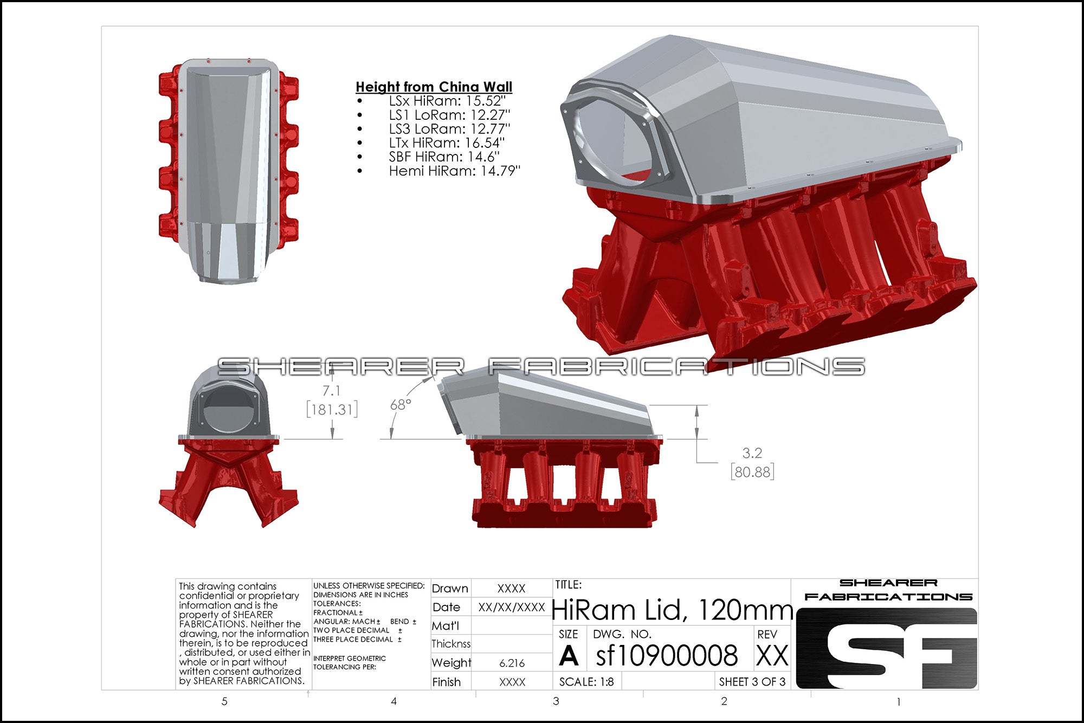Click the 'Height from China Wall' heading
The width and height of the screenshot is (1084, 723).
(434, 87)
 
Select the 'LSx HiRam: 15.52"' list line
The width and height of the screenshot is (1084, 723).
(447, 101)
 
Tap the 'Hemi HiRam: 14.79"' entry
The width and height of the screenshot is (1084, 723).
(454, 171)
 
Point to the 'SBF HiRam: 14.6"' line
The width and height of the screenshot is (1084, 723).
(444, 157)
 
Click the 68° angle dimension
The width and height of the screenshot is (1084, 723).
(401, 405)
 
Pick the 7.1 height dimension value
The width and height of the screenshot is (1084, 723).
(331, 391)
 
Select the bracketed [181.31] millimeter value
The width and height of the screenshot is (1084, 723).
(332, 409)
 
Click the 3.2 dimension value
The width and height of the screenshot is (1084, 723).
(752, 453)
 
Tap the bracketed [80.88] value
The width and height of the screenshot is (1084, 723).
(752, 472)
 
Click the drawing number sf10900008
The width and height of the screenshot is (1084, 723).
(667, 655)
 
